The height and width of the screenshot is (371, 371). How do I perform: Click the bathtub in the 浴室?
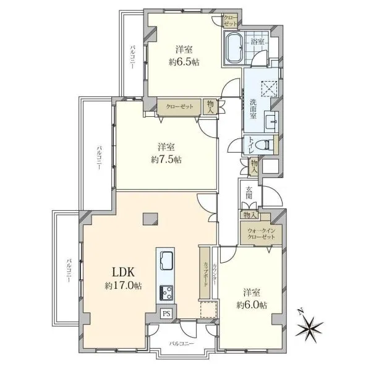[234, 49]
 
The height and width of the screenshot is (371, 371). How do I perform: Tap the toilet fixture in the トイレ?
[267, 145]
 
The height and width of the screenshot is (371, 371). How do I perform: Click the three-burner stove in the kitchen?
[166, 292]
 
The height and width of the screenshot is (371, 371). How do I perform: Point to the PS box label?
[166, 314]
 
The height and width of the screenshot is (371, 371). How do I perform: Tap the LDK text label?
[124, 272]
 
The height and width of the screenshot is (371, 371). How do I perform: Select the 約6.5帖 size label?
[184, 62]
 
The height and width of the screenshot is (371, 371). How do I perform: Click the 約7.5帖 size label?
[166, 160]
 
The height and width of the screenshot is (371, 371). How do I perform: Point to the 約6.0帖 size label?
[252, 305]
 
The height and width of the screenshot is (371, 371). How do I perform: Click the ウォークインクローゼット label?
[261, 234]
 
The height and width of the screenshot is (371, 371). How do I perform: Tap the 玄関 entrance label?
[249, 193]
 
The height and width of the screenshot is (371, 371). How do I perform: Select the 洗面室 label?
[254, 109]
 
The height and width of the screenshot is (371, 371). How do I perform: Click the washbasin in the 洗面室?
[271, 122]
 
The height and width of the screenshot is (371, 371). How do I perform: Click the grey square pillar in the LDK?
[150, 218]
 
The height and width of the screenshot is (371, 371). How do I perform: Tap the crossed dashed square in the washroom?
[269, 88]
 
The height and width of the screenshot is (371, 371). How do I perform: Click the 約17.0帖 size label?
[124, 286]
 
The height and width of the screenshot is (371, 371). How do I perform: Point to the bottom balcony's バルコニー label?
[181, 344]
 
